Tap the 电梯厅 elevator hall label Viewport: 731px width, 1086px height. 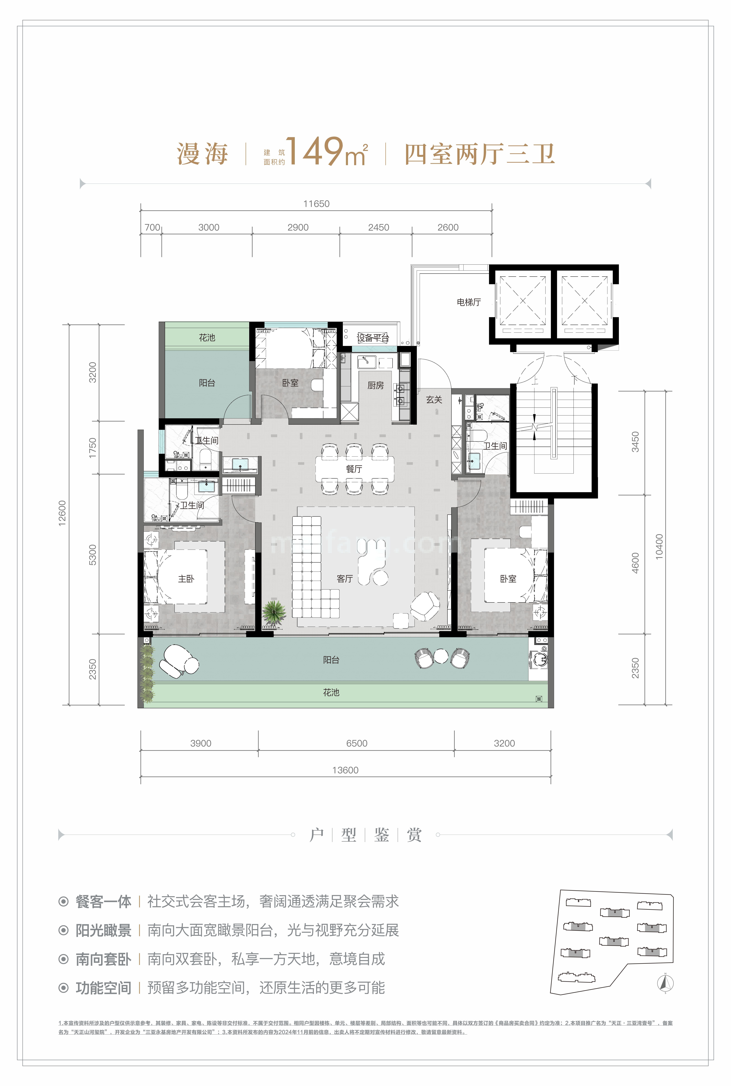pos(469,302)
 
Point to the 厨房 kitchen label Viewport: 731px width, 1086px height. pos(376,385)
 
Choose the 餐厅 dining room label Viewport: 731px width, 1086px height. pos(354,469)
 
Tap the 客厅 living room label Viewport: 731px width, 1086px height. pos(345,579)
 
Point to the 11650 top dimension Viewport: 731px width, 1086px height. pos(316,204)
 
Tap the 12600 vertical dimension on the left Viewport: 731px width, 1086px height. pos(62,513)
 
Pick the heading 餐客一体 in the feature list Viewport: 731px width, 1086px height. pos(103,901)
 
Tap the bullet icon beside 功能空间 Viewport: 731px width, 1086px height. pos(63,988)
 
